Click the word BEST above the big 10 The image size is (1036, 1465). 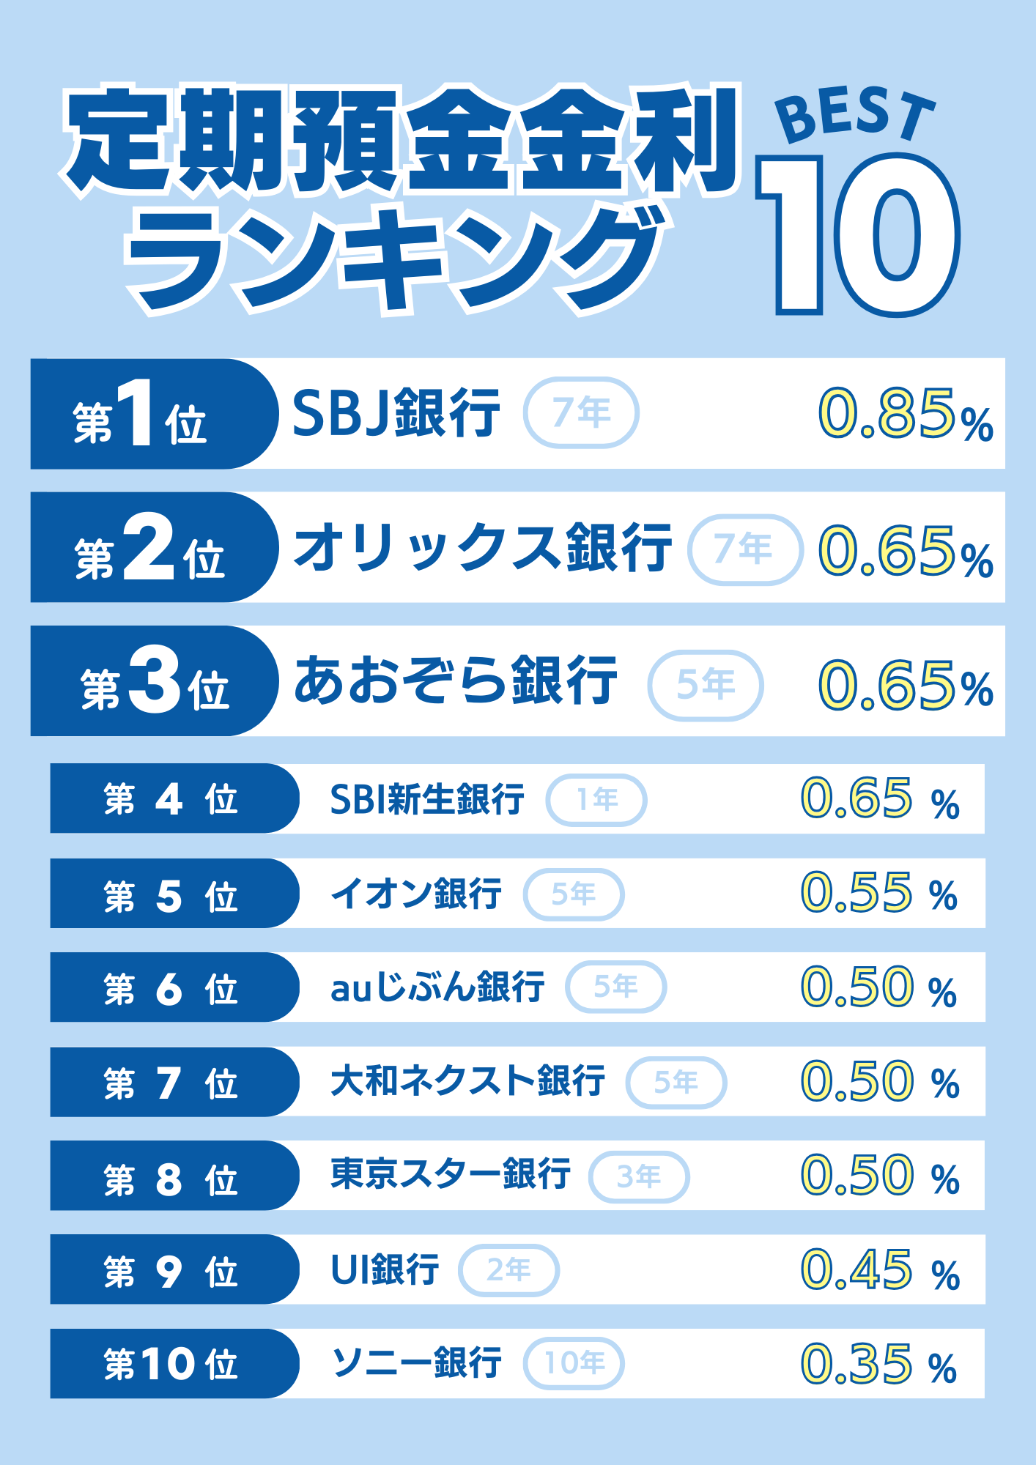coord(854,116)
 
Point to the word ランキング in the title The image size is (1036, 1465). coord(396,261)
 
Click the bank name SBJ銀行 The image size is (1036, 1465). coord(396,413)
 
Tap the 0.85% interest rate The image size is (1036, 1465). coord(905,415)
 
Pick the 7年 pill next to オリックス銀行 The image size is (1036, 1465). coord(744,550)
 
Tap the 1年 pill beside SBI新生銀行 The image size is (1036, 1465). coord(596,800)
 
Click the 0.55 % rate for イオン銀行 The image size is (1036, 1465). coord(878,894)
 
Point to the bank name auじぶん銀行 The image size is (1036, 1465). coord(437,987)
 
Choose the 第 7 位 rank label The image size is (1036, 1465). coord(170,1083)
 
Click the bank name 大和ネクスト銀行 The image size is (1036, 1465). coord(467,1081)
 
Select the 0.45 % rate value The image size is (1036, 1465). coord(878,1270)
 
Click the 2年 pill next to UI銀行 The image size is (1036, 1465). coord(508,1270)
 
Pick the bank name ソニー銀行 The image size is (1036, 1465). coord(417,1363)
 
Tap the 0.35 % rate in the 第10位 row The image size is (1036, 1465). coord(878,1365)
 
